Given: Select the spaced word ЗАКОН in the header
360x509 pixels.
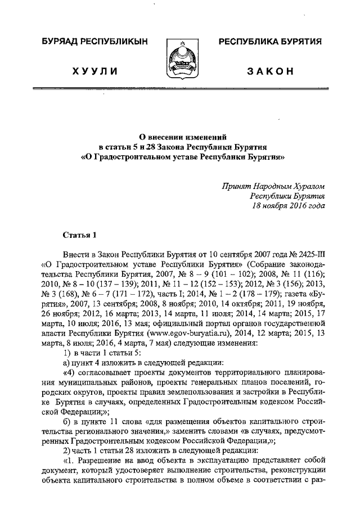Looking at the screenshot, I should coord(270,71).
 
